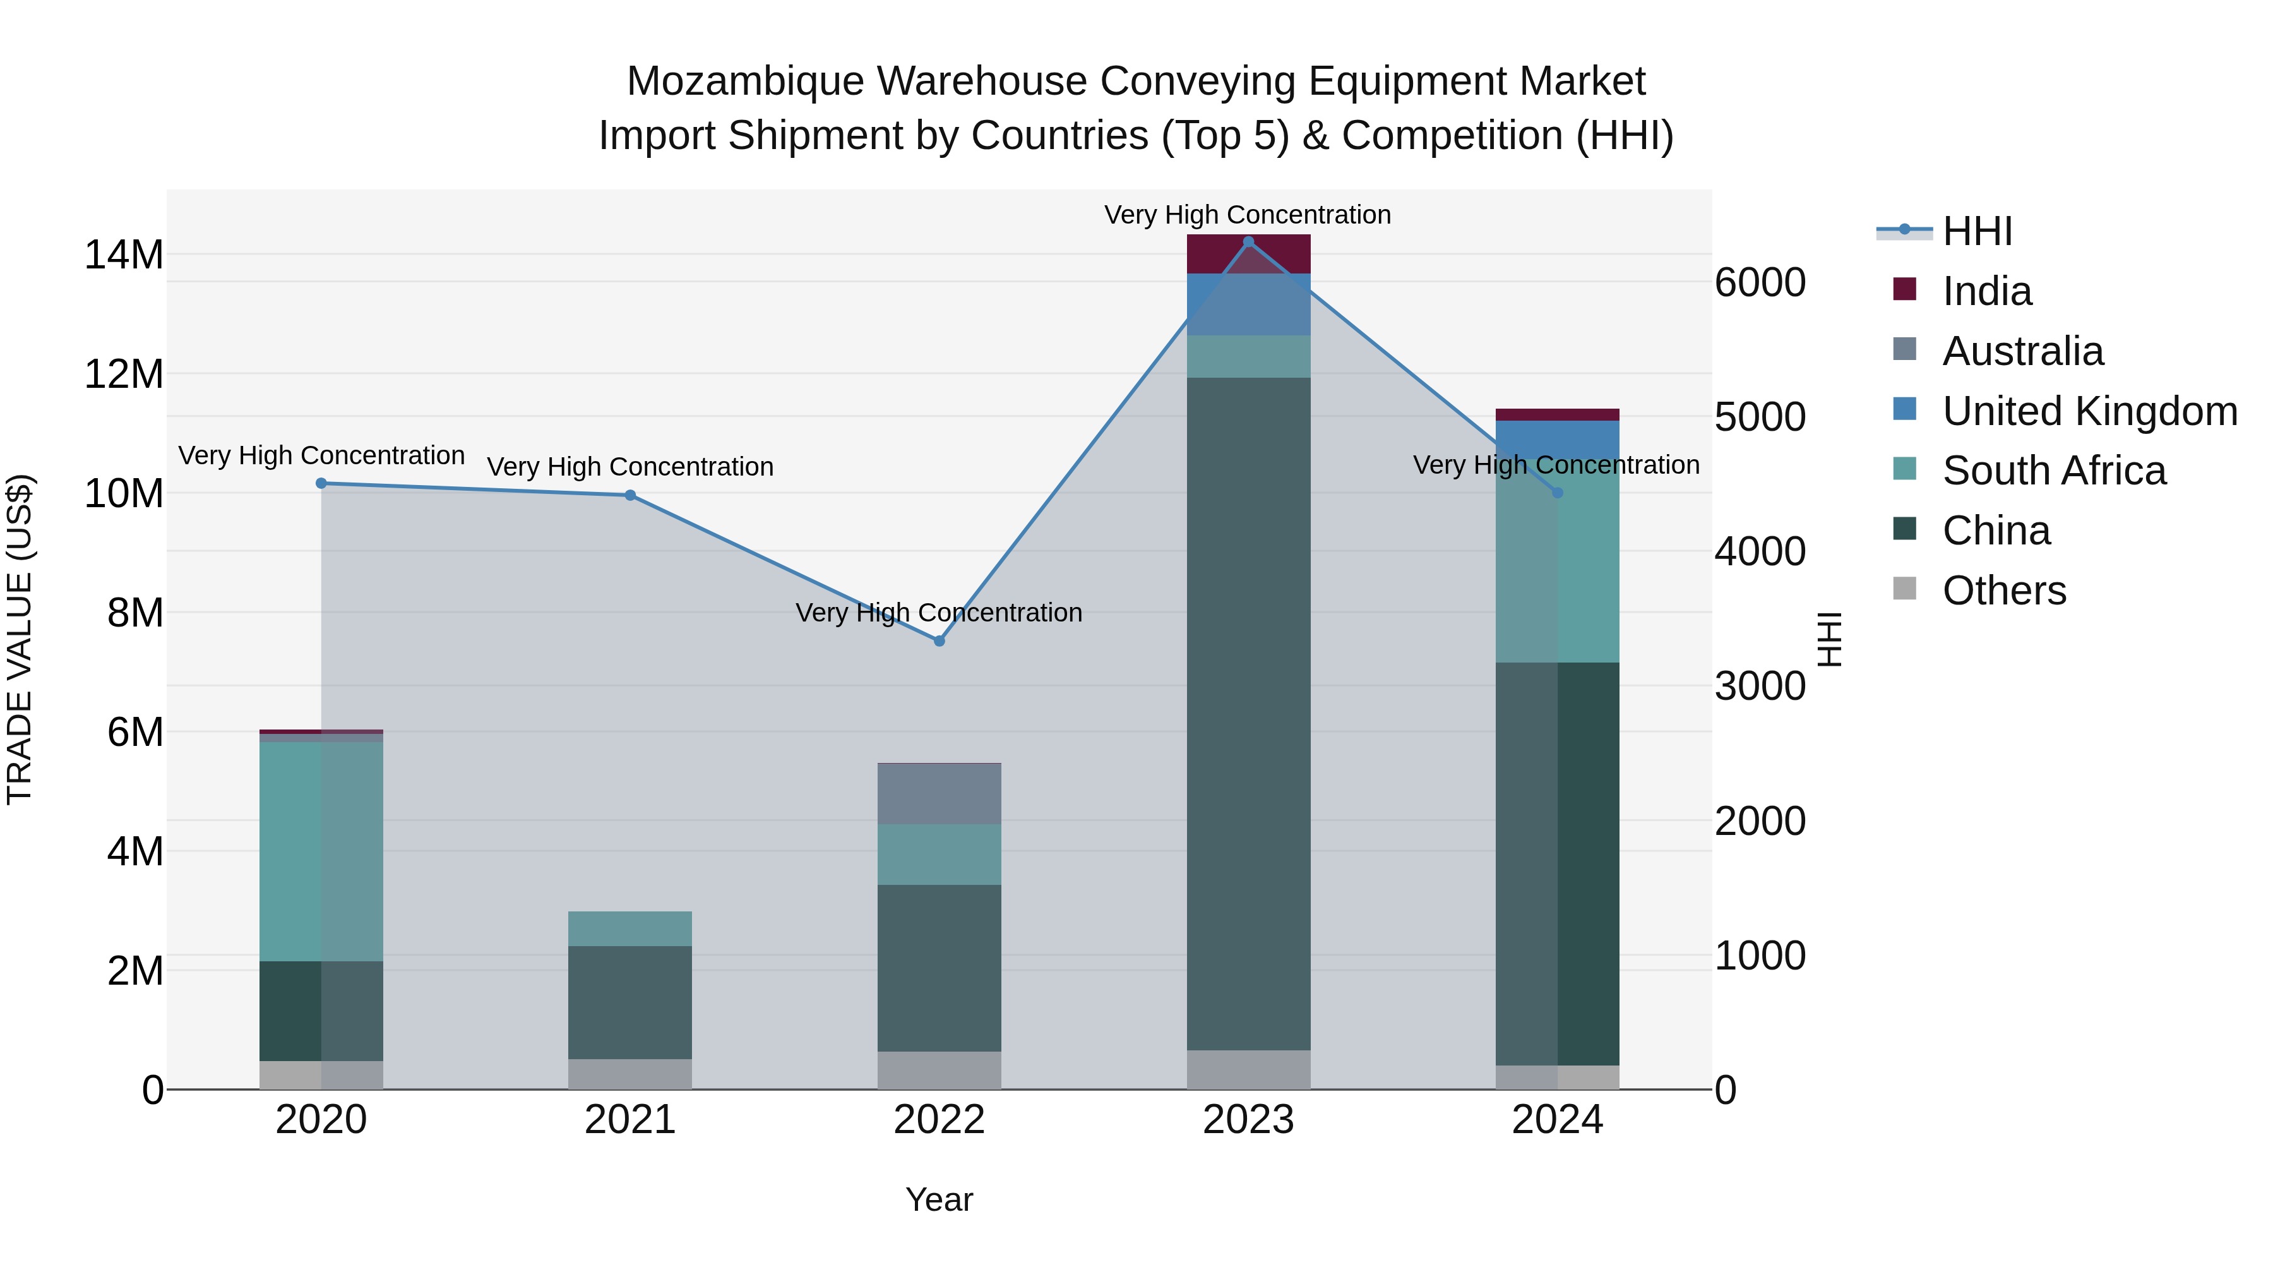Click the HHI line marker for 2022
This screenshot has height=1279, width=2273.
point(939,641)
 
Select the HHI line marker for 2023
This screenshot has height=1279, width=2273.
point(1248,242)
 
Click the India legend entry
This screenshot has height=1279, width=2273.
point(1986,291)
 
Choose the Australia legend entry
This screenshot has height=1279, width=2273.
point(2022,351)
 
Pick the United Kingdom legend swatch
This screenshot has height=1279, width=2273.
point(1905,409)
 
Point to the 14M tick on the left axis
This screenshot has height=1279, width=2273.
point(124,255)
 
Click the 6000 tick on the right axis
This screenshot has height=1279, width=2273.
point(1760,284)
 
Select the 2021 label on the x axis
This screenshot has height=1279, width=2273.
point(630,1120)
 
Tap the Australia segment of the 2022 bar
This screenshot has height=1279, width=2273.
point(939,793)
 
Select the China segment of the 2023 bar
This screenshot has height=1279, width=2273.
point(1248,713)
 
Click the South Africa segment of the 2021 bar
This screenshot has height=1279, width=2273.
point(630,928)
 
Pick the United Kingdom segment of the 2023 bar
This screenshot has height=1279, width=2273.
point(1248,304)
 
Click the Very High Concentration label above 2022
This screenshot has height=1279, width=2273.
point(939,613)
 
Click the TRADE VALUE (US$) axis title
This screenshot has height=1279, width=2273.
point(20,639)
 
